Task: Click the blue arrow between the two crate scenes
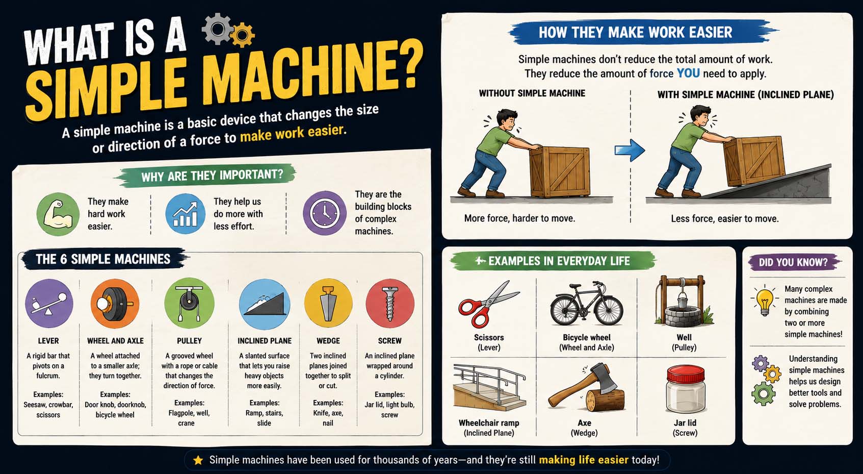pyautogui.click(x=630, y=150)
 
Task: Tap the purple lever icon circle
pyautogui.click(x=49, y=303)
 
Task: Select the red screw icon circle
pyautogui.click(x=390, y=303)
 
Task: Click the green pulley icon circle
pyautogui.click(x=189, y=303)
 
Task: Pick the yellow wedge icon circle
pyautogui.click(x=328, y=303)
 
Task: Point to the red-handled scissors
pyautogui.click(x=488, y=304)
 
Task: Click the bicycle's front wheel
pyautogui.click(x=608, y=311)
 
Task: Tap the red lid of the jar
pyautogui.click(x=686, y=373)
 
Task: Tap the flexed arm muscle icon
pyautogui.click(x=58, y=214)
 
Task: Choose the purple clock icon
pyautogui.click(x=325, y=213)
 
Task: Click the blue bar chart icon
pyautogui.click(x=186, y=214)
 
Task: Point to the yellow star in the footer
pyautogui.click(x=198, y=460)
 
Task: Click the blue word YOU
pyautogui.click(x=688, y=73)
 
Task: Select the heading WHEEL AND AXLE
pyautogui.click(x=115, y=341)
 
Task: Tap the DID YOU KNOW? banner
pyautogui.click(x=794, y=262)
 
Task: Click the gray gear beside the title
pyautogui.click(x=217, y=29)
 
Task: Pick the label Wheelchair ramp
pyautogui.click(x=489, y=423)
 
